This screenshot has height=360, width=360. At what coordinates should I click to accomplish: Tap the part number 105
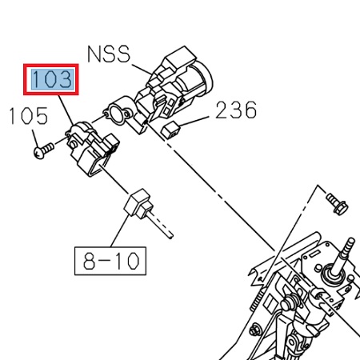click(28, 118)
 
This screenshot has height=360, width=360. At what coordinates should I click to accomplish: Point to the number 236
click(236, 110)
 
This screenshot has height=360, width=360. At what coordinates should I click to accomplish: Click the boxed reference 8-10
click(111, 258)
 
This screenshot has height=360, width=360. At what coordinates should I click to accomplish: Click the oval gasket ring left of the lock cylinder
click(122, 111)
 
